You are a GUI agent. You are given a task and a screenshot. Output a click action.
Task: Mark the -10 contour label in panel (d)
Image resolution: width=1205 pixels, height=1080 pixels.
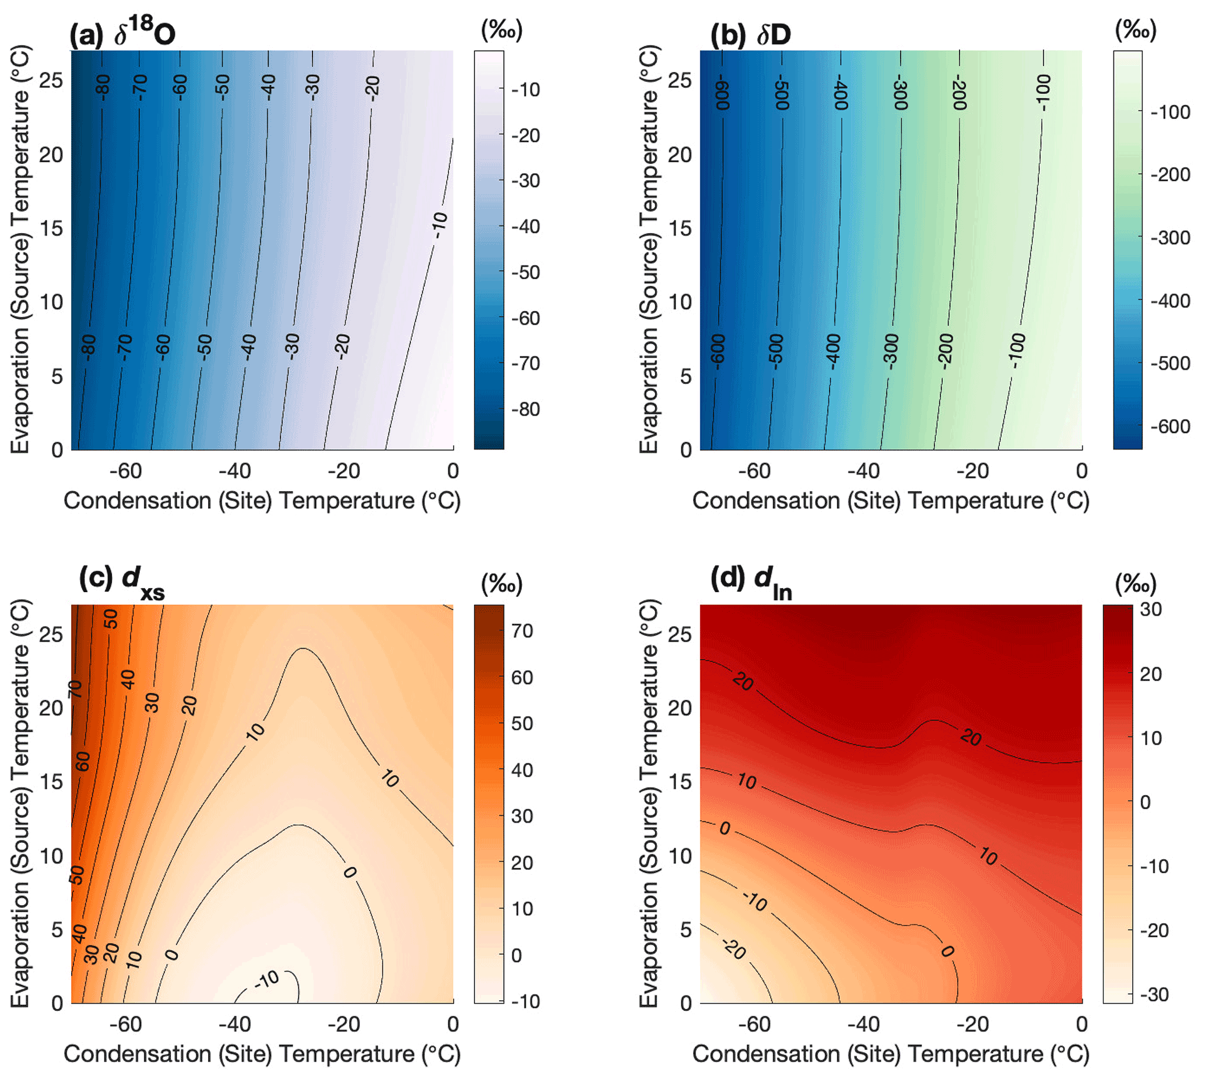pos(755,901)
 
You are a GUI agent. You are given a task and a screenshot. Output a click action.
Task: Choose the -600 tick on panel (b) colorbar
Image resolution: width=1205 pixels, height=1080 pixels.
pos(1170,426)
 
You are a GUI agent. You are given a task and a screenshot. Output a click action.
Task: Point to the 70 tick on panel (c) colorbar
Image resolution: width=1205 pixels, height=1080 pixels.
pos(522,631)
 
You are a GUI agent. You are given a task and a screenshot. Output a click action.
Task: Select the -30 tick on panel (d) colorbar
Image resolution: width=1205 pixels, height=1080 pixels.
pos(1154,994)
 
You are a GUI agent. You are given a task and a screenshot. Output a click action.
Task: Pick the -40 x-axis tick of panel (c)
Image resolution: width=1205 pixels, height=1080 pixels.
pos(235,1024)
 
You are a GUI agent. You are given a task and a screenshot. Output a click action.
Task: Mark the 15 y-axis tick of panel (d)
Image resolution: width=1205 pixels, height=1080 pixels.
pos(680,782)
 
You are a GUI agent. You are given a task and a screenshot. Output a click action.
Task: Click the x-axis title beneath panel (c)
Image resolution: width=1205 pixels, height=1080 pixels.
pos(262,1054)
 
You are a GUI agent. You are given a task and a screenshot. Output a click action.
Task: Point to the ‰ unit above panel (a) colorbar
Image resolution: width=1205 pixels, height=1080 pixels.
pos(501,30)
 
